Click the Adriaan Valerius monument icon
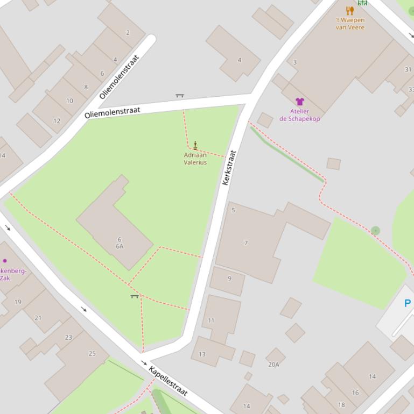(195, 145)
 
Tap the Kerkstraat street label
(229, 168)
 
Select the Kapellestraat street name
(168, 381)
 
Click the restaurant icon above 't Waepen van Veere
(350, 10)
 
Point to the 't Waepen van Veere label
(350, 24)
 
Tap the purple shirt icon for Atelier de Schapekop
(299, 102)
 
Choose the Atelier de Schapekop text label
(299, 115)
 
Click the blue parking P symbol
(407, 303)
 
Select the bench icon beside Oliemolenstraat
(180, 96)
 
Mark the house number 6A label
(120, 246)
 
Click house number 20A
(273, 365)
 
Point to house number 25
(92, 353)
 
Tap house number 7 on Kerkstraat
(246, 243)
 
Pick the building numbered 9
(229, 279)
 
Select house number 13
(202, 354)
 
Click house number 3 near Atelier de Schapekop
(294, 62)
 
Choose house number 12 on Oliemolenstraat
(57, 121)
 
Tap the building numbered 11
(211, 320)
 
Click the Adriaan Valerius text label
(195, 159)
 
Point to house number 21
(38, 318)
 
